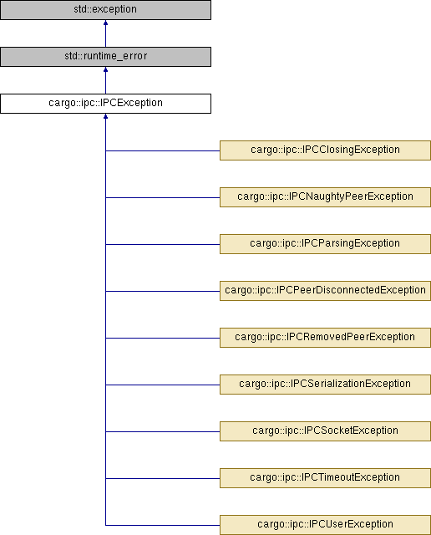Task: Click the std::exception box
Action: pos(105,9)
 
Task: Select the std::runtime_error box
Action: pos(105,57)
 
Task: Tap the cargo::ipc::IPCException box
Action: pos(105,104)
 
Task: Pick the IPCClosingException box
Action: pos(325,150)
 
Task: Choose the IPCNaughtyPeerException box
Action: pos(325,197)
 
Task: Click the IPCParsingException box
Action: pos(325,244)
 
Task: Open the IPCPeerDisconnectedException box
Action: pos(325,291)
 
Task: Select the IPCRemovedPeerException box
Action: pos(325,338)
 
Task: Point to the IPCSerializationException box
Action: pos(325,385)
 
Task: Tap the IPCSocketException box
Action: pos(325,431)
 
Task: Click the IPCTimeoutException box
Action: pos(325,478)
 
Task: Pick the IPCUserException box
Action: pos(325,525)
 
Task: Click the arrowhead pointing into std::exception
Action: pos(106,23)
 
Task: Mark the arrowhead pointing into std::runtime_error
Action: pos(106,69)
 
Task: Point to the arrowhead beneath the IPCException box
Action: pos(106,116)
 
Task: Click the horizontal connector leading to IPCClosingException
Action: pos(163,150)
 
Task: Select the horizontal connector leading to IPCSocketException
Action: pos(163,431)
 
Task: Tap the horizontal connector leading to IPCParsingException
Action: pos(163,244)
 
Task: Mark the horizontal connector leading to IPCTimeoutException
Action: pos(163,478)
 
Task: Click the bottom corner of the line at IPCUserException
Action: pos(106,525)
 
